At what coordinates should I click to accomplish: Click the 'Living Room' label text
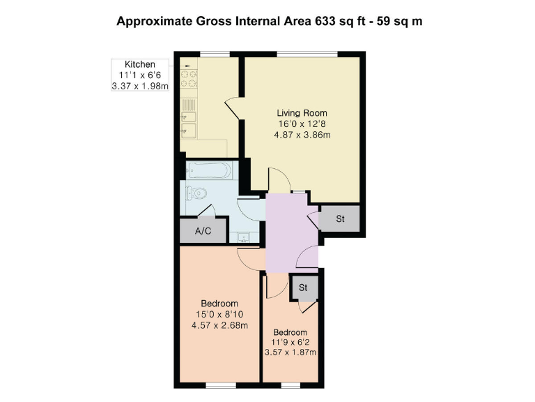[302, 113]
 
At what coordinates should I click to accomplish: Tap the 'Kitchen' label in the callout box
[140, 64]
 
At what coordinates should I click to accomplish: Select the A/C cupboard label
[203, 231]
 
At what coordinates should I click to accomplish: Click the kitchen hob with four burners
[188, 77]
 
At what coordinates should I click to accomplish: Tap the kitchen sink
[189, 123]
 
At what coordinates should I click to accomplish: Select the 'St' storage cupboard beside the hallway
[341, 219]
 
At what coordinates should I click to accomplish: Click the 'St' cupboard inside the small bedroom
[304, 287]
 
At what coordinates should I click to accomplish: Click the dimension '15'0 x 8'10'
[219, 315]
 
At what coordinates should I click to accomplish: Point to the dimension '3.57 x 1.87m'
[290, 352]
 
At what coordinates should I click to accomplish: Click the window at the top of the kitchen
[215, 54]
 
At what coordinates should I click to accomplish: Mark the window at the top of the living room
[307, 54]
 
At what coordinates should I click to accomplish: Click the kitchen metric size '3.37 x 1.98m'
[140, 87]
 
